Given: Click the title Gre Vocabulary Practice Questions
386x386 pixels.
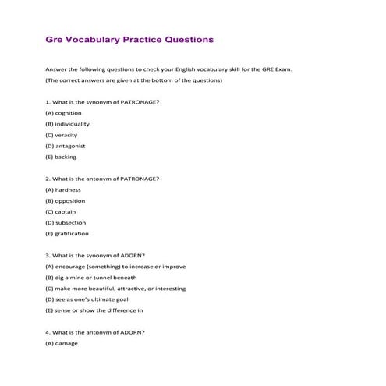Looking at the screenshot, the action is [x=129, y=38].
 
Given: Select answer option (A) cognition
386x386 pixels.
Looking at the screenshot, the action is [x=63, y=113].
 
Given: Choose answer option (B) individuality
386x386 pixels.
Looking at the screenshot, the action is [x=67, y=124].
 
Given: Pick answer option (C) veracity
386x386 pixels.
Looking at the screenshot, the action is [x=62, y=135].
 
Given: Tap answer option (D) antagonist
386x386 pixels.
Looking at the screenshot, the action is [x=66, y=146].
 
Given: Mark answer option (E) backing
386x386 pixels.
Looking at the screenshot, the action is [x=61, y=157].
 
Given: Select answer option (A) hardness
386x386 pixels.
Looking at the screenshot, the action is [x=63, y=189].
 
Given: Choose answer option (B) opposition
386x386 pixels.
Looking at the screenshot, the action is [x=66, y=200].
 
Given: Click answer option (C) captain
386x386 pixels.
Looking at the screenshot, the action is [x=62, y=211].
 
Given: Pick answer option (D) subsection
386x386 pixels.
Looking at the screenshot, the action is [x=66, y=222].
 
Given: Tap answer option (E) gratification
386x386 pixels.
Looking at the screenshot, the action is [x=67, y=233].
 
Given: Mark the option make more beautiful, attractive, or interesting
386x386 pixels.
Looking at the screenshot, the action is [x=115, y=288].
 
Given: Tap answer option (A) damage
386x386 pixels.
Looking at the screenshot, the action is [x=62, y=342].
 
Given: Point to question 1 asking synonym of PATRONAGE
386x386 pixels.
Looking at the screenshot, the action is [x=103, y=102].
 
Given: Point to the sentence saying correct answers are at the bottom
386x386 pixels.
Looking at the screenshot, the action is [x=133, y=80].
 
